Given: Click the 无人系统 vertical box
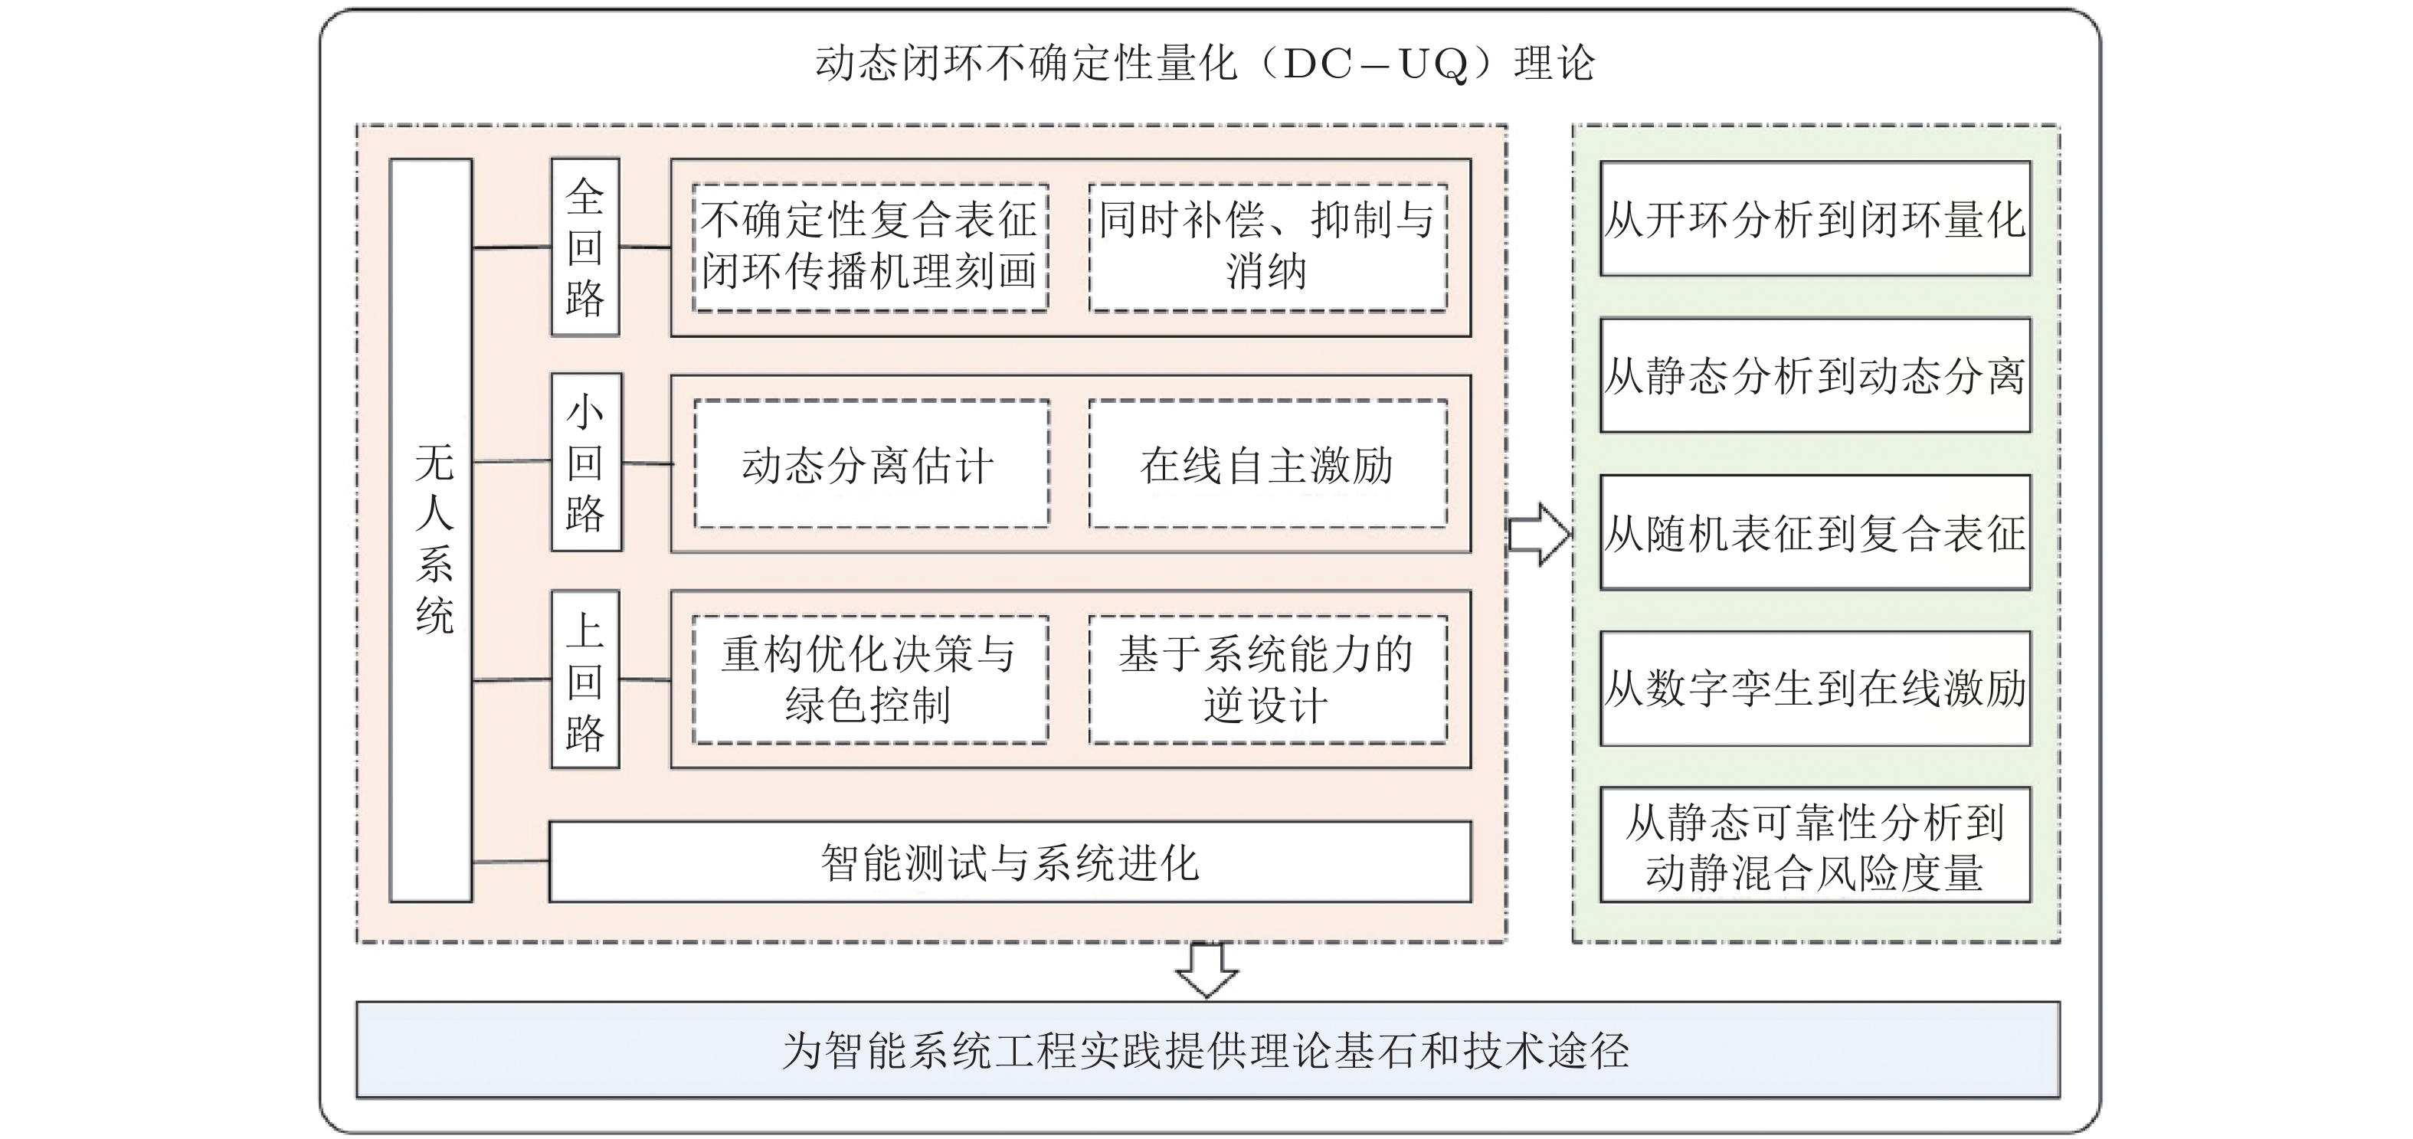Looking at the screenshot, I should click(x=431, y=530).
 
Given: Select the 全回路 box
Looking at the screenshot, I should click(x=585, y=247).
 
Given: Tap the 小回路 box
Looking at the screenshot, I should click(x=586, y=463).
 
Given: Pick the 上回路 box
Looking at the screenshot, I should click(x=585, y=680).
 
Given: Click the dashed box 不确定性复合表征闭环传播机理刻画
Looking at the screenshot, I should click(x=870, y=247).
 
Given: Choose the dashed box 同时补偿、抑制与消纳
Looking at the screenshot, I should click(x=1267, y=247).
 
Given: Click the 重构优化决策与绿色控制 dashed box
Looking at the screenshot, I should click(x=870, y=680).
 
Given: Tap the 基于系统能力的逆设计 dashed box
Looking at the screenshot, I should click(x=1267, y=680).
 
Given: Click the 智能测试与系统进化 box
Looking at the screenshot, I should click(x=1010, y=862).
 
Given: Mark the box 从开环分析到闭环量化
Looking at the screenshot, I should click(x=1815, y=219).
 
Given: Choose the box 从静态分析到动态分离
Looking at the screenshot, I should click(x=1815, y=375).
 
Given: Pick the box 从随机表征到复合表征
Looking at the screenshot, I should click(x=1815, y=532).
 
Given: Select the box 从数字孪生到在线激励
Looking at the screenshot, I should click(x=1815, y=689).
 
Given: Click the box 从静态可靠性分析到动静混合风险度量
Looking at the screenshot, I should click(x=1815, y=846).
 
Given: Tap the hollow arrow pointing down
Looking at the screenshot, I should click(x=1206, y=970).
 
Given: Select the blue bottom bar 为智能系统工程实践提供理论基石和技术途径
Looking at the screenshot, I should click(x=1206, y=1050).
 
